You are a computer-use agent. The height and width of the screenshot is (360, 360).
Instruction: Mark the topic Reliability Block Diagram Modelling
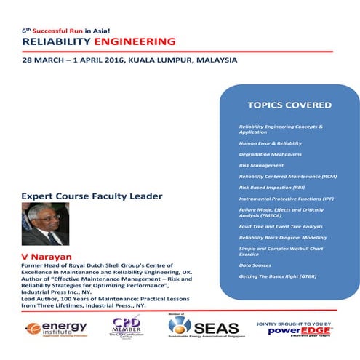tap(283, 238)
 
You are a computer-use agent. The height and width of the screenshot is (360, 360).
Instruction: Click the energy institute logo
tap(54, 327)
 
